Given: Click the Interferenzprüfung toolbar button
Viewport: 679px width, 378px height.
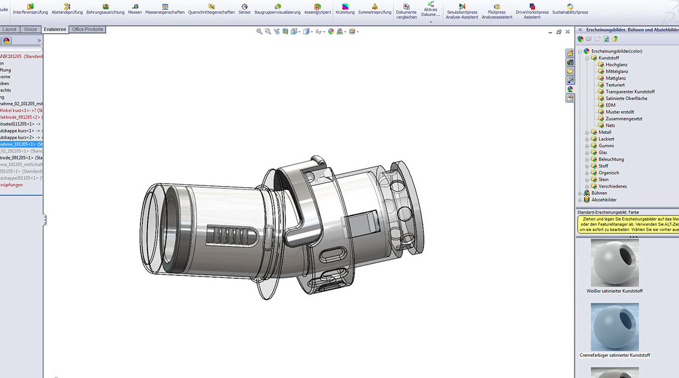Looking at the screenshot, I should click(30, 8).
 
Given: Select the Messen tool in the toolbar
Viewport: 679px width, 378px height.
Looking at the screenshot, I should click(135, 8).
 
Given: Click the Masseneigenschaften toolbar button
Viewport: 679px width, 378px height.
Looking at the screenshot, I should click(165, 8).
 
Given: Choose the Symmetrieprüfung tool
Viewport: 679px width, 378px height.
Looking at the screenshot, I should click(375, 8).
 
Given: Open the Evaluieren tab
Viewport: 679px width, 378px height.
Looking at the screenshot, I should click(55, 29).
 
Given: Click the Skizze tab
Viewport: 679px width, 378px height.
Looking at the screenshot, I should click(30, 29).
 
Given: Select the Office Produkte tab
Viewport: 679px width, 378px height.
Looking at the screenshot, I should click(88, 29).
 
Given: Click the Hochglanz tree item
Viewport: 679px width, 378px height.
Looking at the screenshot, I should click(615, 65).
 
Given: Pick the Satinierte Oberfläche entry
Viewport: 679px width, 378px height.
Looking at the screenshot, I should click(626, 98).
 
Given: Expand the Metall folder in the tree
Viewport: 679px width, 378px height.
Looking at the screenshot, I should click(587, 133).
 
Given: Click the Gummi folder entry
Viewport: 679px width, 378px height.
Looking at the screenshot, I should click(606, 146).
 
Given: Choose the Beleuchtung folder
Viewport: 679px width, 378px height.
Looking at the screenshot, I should click(611, 160).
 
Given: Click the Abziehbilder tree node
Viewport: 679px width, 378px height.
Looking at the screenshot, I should click(603, 200).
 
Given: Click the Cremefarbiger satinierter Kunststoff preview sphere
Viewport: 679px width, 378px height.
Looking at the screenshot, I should click(615, 326).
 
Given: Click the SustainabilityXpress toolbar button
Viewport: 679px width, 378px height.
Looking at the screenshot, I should click(570, 8).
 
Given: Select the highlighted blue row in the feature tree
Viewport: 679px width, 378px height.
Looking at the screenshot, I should click(22, 145).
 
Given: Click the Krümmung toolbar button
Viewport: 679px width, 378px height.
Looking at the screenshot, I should click(345, 8).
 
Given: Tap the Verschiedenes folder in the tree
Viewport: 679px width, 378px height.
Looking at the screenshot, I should click(612, 187).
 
